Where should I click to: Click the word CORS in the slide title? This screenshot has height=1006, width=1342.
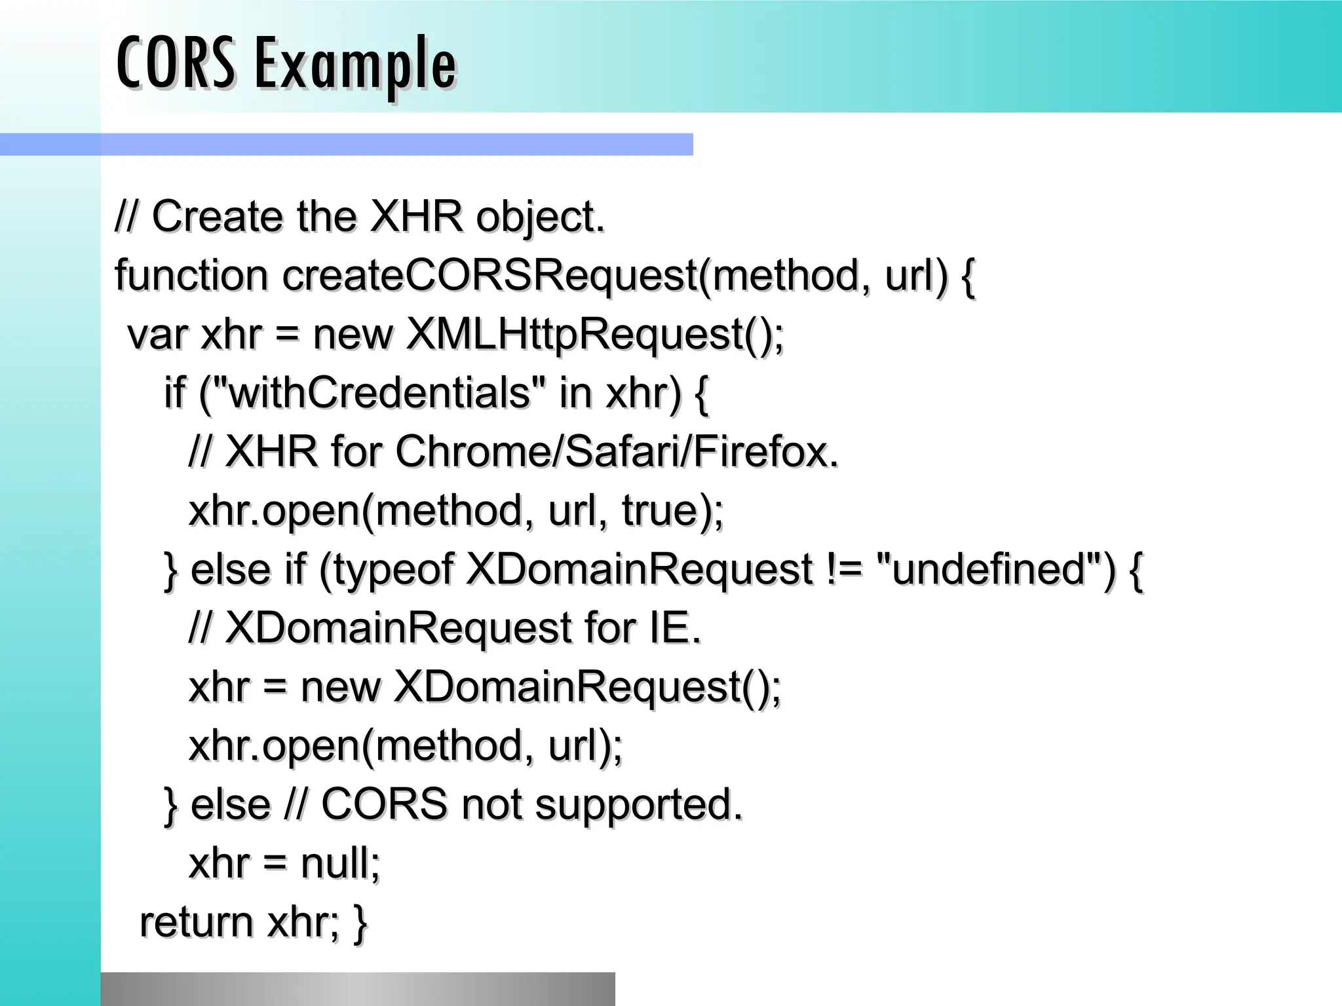175,64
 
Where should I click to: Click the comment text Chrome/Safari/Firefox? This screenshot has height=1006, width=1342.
617,452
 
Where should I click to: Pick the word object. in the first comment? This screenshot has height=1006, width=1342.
540,217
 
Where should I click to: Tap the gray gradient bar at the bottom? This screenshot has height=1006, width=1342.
358,989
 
